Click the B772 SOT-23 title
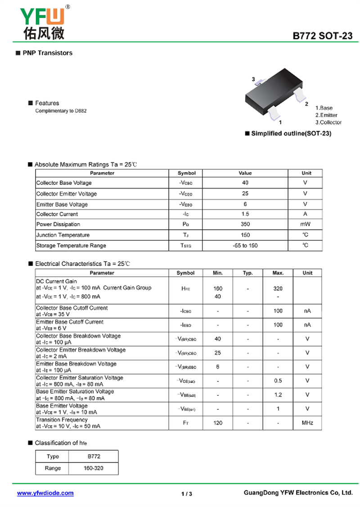click(322, 36)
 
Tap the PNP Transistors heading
click(47, 53)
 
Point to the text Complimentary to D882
click(61, 111)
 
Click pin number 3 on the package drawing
click(253, 80)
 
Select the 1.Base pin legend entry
click(324, 108)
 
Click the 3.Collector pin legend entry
click(328, 122)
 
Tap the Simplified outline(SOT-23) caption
click(291, 134)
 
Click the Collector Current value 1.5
click(245, 214)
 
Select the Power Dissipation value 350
click(245, 224)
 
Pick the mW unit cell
click(306, 224)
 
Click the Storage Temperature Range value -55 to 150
click(245, 246)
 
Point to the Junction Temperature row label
click(63, 235)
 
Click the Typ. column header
click(248, 273)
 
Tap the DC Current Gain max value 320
click(278, 288)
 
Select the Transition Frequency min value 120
click(218, 423)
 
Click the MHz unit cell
click(307, 423)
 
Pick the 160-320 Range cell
click(93, 468)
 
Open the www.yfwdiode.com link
click(45, 493)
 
